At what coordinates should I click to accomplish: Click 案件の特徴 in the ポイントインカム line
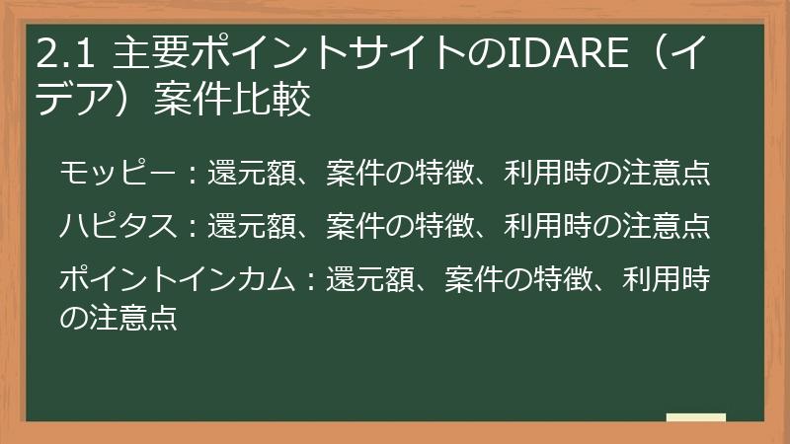pos(517,278)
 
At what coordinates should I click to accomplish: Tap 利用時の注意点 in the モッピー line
pos(606,174)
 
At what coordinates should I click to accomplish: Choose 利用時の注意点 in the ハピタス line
pos(606,226)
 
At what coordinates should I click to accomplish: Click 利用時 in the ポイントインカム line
pos(666,278)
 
